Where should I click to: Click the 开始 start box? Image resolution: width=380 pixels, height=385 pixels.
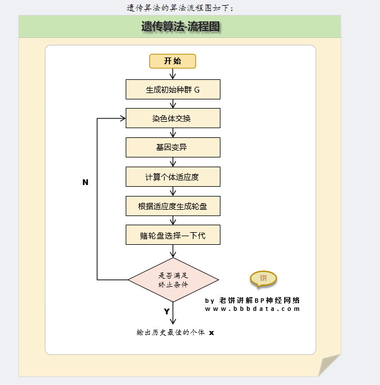pyautogui.click(x=173, y=61)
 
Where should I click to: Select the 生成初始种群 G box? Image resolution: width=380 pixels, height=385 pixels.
pyautogui.click(x=173, y=90)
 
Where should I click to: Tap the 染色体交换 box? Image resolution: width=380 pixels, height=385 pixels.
pyautogui.click(x=173, y=118)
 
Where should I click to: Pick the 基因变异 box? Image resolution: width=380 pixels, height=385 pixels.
pyautogui.click(x=173, y=147)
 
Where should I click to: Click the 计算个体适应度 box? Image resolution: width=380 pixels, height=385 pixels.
pyautogui.click(x=173, y=176)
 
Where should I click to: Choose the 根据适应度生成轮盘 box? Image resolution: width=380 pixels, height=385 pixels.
pyautogui.click(x=173, y=205)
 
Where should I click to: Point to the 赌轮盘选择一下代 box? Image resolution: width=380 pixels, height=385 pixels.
pyautogui.click(x=173, y=234)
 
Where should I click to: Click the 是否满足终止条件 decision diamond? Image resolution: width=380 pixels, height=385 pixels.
pyautogui.click(x=173, y=280)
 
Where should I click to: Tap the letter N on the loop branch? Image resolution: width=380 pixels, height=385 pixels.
pyautogui.click(x=86, y=182)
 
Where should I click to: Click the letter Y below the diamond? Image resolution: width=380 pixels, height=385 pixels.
pyautogui.click(x=166, y=311)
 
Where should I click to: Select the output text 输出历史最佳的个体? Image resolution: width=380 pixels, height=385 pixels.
pyautogui.click(x=170, y=332)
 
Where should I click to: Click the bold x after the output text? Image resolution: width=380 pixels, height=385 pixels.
pyautogui.click(x=211, y=333)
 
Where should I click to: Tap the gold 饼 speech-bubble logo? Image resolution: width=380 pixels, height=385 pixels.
pyautogui.click(x=263, y=279)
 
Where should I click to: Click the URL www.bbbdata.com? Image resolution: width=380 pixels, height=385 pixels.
pyautogui.click(x=253, y=309)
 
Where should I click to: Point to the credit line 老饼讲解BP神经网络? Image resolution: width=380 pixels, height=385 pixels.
pyautogui.click(x=258, y=300)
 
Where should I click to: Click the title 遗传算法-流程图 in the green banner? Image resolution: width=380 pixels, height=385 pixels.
pyautogui.click(x=180, y=26)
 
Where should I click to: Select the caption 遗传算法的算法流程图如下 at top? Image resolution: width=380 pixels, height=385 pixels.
pyautogui.click(x=180, y=7)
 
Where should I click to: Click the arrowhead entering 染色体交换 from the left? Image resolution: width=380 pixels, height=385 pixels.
pyautogui.click(x=123, y=118)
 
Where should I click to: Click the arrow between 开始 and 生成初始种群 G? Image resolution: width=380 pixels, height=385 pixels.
pyautogui.click(x=173, y=74)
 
